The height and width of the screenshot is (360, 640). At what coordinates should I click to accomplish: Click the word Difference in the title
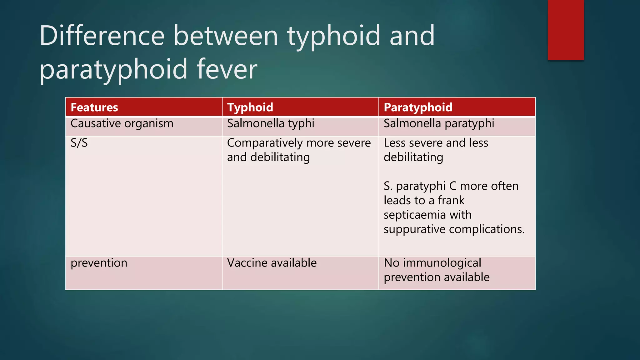(102, 36)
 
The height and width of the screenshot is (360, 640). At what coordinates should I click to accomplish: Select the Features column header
(94, 107)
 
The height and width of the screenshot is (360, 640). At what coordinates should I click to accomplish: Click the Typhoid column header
(250, 107)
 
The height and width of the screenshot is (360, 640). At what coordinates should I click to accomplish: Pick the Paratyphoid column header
(418, 107)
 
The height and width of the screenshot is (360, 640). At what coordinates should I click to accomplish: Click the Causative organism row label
(122, 124)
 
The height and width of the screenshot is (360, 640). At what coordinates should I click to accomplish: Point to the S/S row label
(79, 143)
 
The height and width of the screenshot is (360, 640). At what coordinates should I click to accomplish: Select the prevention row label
(99, 263)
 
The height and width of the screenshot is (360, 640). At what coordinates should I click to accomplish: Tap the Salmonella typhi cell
(271, 124)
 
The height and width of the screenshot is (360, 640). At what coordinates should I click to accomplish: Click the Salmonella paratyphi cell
(439, 124)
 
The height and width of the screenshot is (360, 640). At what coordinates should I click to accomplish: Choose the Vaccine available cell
(272, 263)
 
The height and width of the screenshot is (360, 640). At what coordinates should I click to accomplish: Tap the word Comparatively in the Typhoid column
(265, 143)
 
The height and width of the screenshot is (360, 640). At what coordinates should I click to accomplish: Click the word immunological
(442, 263)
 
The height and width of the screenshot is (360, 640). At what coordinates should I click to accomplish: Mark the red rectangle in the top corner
(566, 30)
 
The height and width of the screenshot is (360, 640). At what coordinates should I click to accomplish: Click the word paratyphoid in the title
(113, 69)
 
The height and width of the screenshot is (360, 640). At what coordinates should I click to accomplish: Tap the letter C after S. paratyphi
(453, 186)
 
